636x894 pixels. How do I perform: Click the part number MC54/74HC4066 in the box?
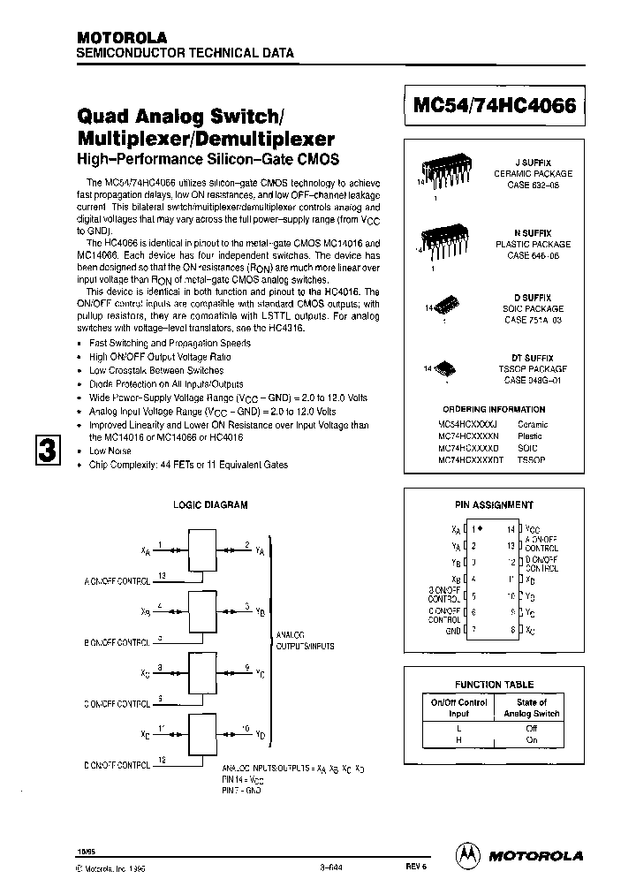[x=495, y=105]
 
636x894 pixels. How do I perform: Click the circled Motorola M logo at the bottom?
[x=466, y=854]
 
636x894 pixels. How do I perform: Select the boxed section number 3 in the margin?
[x=48, y=450]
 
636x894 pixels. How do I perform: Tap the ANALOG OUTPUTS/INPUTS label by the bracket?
[x=306, y=640]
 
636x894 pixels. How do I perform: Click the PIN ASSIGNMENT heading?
[x=494, y=505]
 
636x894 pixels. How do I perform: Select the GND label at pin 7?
[x=453, y=629]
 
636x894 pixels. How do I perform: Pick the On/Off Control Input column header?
[x=458, y=707]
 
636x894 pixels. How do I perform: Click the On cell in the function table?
[x=532, y=740]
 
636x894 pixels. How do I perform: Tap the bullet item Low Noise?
[x=110, y=451]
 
